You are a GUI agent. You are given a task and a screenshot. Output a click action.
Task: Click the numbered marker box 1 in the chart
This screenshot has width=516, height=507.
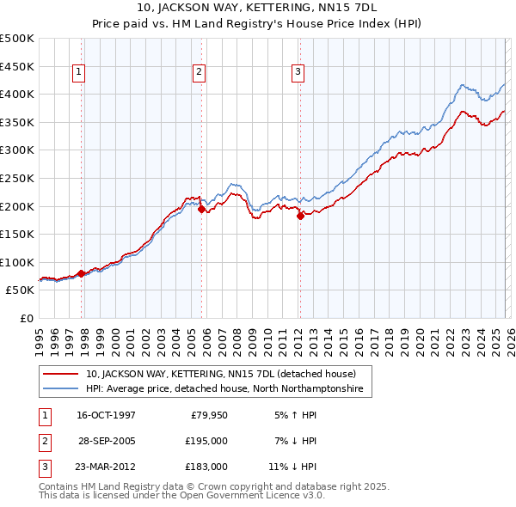pyautogui.click(x=78, y=73)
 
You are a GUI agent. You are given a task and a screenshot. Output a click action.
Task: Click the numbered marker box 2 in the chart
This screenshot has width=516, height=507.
pyautogui.click(x=199, y=73)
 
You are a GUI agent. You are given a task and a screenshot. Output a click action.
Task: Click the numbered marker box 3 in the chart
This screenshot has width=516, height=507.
pyautogui.click(x=298, y=73)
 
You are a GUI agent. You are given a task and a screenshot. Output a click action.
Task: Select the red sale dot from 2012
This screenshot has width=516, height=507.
pyautogui.click(x=300, y=216)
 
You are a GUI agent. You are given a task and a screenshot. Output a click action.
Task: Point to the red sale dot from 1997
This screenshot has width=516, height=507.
pyautogui.click(x=82, y=273)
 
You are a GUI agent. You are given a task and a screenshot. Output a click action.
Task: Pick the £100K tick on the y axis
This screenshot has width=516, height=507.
pyautogui.click(x=17, y=262)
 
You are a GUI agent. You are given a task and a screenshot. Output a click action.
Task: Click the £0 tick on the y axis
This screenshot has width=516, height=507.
pyautogui.click(x=25, y=318)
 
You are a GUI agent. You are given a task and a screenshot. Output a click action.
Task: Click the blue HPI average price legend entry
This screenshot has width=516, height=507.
pyautogui.click(x=224, y=389)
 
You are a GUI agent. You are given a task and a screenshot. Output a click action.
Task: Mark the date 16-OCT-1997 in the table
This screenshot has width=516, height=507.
pyautogui.click(x=106, y=415)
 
